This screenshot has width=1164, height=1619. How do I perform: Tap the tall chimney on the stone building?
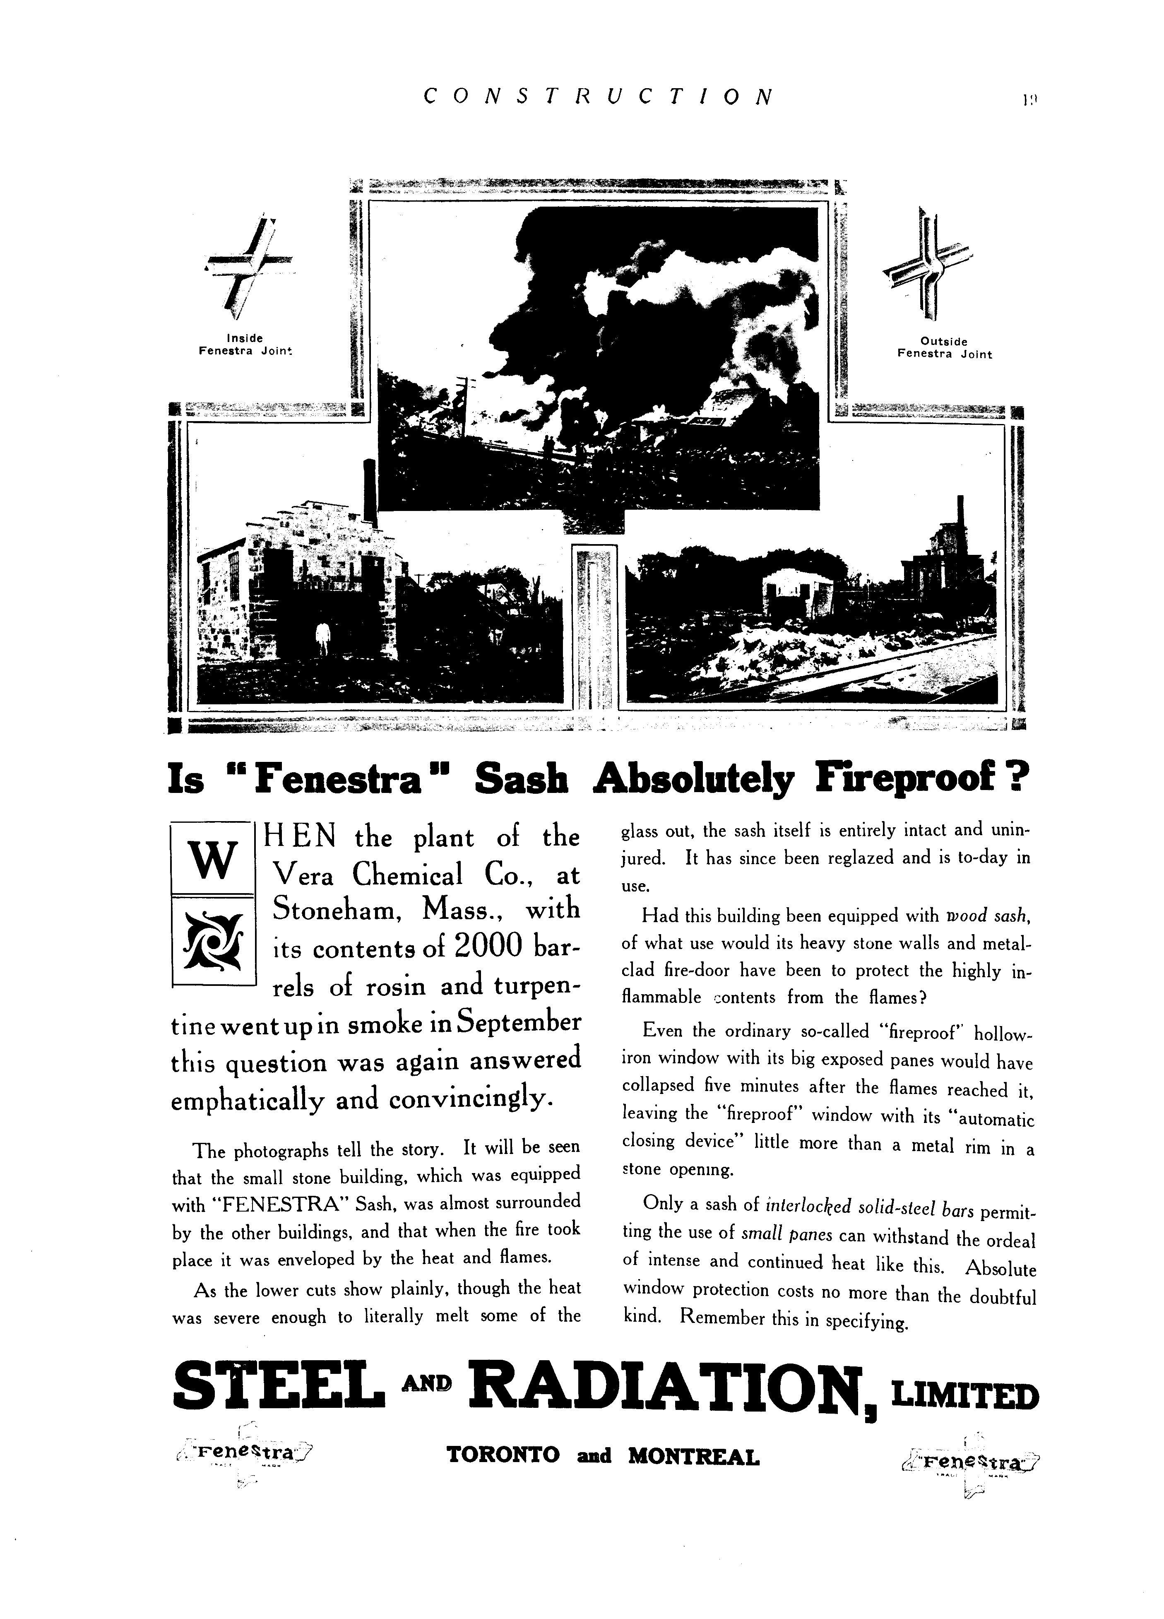pos(370,493)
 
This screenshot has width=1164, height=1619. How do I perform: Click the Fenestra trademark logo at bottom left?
pos(243,1452)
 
